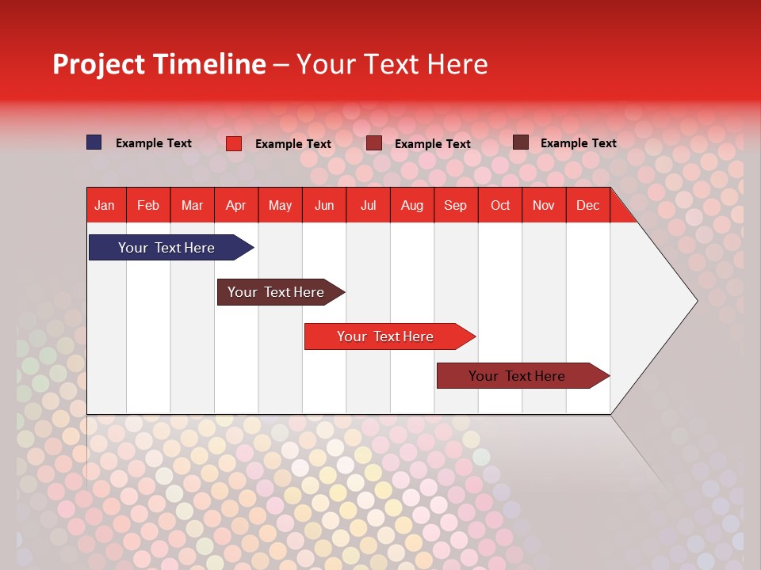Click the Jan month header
click(x=105, y=206)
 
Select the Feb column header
click(x=148, y=206)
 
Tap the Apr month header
click(x=236, y=206)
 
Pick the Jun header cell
click(x=324, y=206)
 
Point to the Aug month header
click(x=412, y=206)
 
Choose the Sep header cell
click(x=456, y=206)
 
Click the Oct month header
click(x=500, y=206)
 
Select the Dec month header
click(x=588, y=206)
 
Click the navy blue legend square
click(x=94, y=142)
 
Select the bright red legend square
click(x=234, y=143)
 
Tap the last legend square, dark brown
click(x=521, y=142)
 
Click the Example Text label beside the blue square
click(x=154, y=143)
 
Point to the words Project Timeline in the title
click(x=159, y=64)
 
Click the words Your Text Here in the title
click(x=392, y=64)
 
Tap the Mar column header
click(x=192, y=206)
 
